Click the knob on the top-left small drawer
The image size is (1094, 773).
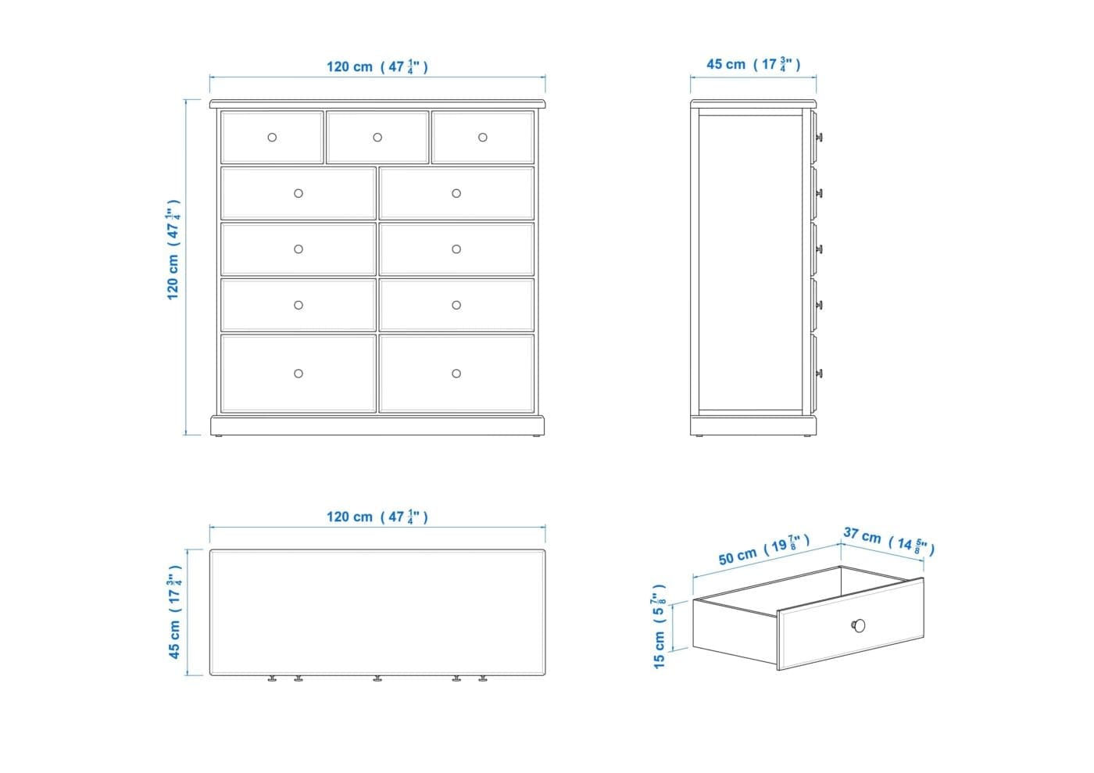tap(272, 138)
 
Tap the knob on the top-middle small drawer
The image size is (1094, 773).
tap(377, 138)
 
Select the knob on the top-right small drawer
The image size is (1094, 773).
tap(483, 138)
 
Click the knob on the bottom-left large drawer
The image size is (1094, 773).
tap(299, 374)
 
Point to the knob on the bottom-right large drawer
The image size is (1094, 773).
tap(456, 374)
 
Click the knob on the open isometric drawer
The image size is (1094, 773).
tap(858, 625)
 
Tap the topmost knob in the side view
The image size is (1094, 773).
tap(819, 138)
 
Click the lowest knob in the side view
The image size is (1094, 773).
tap(819, 374)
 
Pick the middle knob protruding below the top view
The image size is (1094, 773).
tap(377, 678)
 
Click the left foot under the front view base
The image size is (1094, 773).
tap(219, 435)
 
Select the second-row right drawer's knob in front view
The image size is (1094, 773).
tap(456, 194)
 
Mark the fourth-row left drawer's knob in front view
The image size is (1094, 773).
tap(299, 306)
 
